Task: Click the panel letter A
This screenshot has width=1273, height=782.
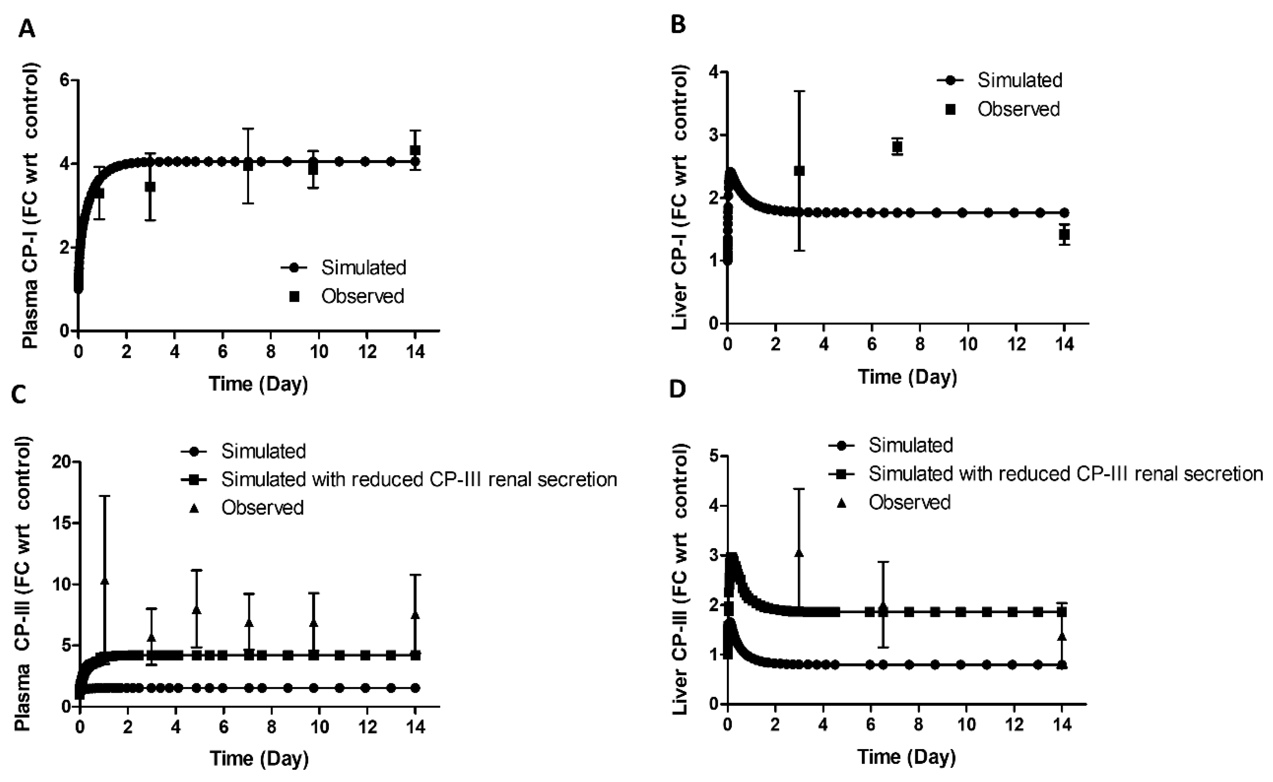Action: click(x=26, y=29)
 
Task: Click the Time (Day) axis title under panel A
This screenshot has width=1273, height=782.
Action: click(x=258, y=384)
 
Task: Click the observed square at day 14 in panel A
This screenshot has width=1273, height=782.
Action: click(x=415, y=150)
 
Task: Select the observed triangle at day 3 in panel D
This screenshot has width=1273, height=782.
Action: click(x=799, y=553)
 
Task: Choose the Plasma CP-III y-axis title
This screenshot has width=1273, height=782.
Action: click(x=22, y=584)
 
